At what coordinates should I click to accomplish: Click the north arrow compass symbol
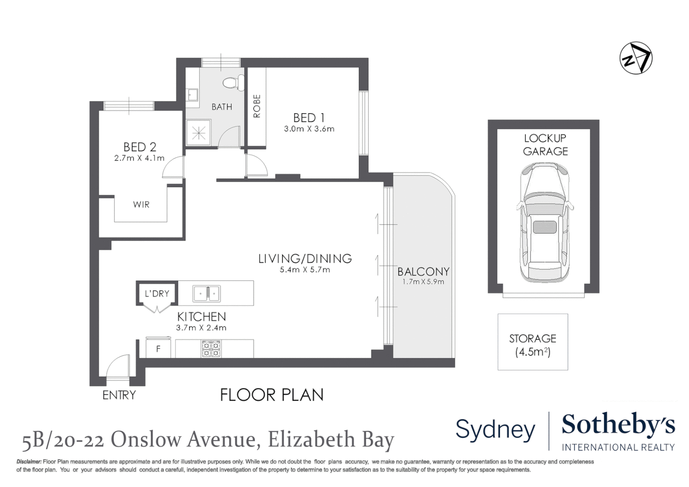coord(636,58)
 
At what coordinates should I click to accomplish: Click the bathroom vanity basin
coord(193,95)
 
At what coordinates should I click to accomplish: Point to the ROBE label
coord(257,106)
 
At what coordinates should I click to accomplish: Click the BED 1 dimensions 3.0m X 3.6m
coord(309,129)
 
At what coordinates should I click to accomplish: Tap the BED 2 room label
coord(139,147)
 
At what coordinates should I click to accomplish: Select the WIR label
coord(141,205)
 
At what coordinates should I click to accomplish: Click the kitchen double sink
coord(206,293)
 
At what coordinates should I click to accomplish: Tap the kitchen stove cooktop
coord(211,349)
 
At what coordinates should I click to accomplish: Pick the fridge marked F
coord(158,349)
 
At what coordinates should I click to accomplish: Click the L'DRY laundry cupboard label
coord(157,294)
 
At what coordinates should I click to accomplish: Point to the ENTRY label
coord(119,395)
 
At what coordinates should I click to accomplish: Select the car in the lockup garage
coord(544,222)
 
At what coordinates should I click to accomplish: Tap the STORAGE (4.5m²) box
coord(532,342)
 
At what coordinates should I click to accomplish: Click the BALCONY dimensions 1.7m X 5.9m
coord(423,282)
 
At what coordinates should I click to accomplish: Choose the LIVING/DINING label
coord(305,258)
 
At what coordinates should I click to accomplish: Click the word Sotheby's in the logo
coord(618,425)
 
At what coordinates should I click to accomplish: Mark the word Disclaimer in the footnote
coord(29,462)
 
